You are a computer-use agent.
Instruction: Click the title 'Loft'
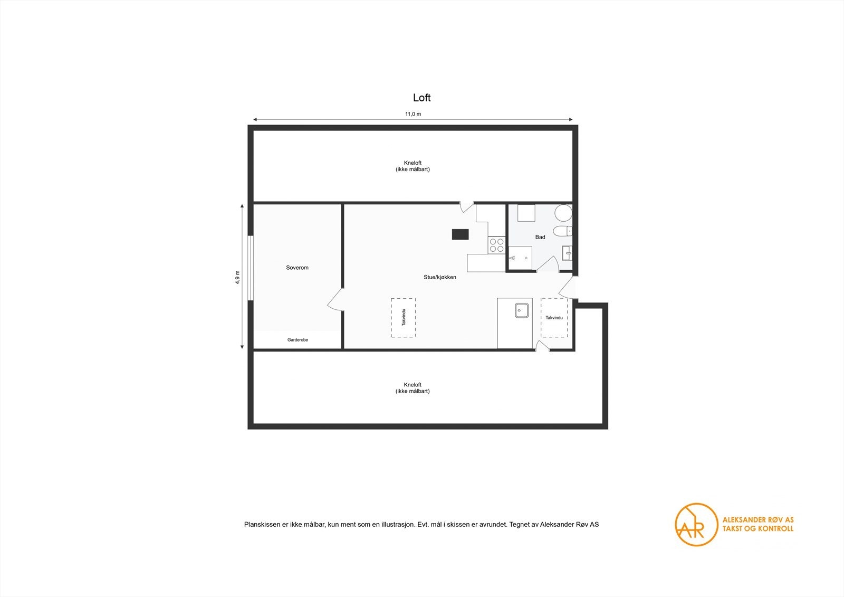(x=421, y=98)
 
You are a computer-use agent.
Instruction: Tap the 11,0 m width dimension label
(x=413, y=114)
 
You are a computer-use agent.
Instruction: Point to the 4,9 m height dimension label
(x=237, y=277)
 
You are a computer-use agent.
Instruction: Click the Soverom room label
(x=297, y=268)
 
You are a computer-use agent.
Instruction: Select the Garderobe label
(x=298, y=340)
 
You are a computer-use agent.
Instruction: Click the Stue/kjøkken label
(x=439, y=277)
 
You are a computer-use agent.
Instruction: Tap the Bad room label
(x=540, y=237)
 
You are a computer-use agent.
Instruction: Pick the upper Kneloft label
(x=413, y=166)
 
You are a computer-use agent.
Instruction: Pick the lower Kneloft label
(x=413, y=388)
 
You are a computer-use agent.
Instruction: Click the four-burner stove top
(x=496, y=245)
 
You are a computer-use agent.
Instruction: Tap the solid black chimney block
(x=460, y=234)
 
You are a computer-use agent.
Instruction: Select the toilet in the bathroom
(x=562, y=231)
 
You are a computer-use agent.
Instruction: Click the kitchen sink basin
(x=522, y=310)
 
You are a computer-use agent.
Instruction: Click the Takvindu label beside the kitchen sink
(x=554, y=318)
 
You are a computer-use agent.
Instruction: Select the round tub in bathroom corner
(x=563, y=213)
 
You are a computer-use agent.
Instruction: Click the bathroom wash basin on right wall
(x=567, y=253)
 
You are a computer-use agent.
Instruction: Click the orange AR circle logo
(x=696, y=524)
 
